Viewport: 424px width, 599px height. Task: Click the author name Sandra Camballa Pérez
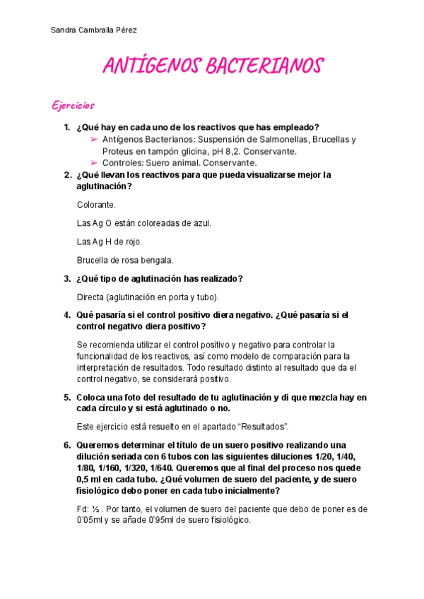pos(94,30)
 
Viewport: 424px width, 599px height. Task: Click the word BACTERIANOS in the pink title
pos(262,66)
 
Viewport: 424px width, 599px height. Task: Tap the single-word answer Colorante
pos(96,204)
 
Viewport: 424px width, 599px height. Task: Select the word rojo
pos(131,242)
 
